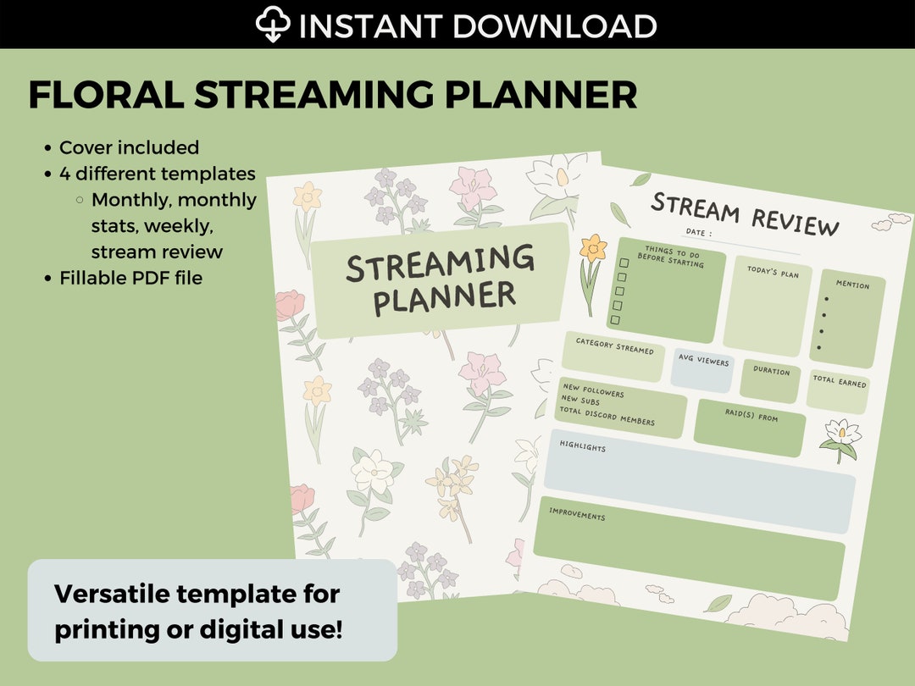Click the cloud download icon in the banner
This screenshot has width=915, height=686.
[x=274, y=25]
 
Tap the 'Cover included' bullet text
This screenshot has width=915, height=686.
[x=129, y=147]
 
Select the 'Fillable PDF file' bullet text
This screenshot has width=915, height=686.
[x=130, y=278]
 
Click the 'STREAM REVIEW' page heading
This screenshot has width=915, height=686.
[x=745, y=213]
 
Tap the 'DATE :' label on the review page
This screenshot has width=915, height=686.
[x=699, y=233]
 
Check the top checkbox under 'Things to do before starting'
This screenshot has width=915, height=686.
[x=624, y=263]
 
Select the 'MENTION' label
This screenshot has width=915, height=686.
[x=852, y=285]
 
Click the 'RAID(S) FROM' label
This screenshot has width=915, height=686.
[x=751, y=417]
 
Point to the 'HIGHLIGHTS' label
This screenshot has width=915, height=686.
[x=582, y=446]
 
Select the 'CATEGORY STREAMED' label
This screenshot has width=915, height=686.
[x=614, y=346]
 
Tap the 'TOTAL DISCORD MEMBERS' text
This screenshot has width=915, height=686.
[x=607, y=416]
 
